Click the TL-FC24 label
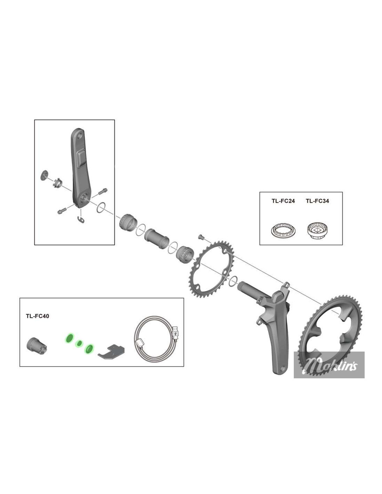[283, 201]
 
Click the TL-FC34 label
[317, 201]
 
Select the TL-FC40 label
[38, 316]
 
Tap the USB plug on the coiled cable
[175, 332]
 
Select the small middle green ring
[79, 343]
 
